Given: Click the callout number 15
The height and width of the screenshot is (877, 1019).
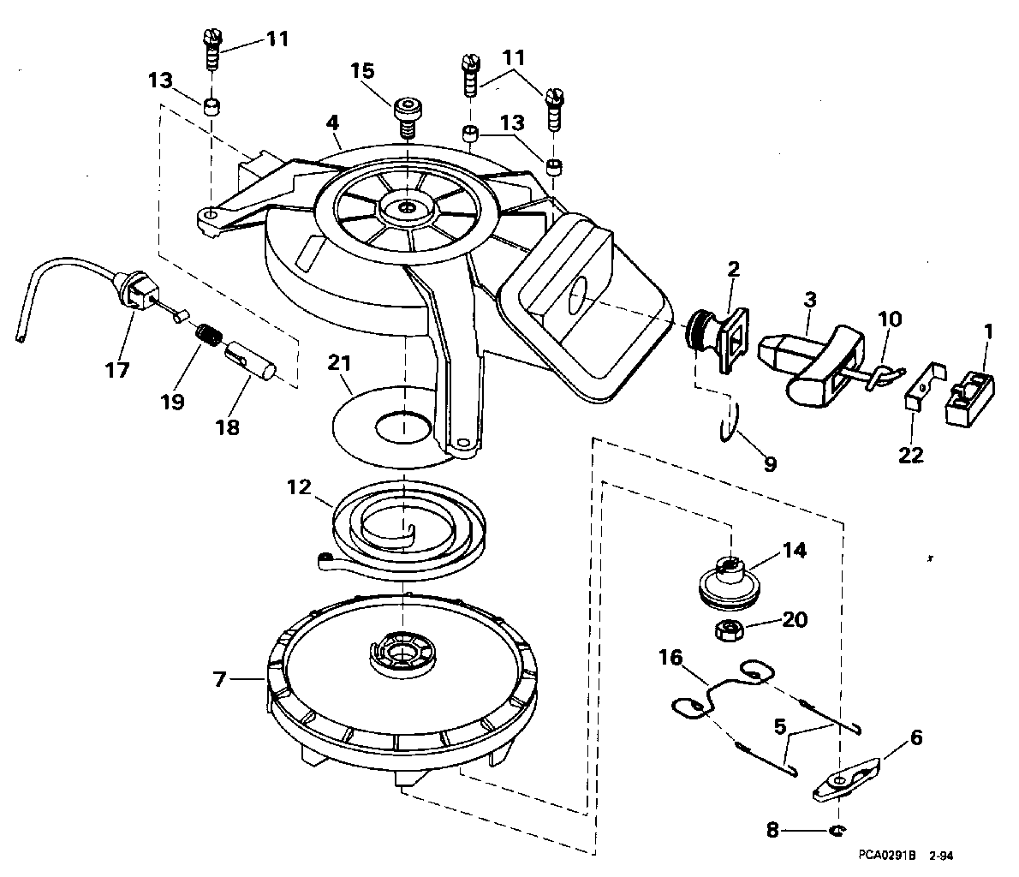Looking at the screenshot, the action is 362,70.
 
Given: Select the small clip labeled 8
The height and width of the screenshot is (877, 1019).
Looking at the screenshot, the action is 837,830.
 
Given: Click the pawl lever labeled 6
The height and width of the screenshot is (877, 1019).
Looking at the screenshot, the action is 847,779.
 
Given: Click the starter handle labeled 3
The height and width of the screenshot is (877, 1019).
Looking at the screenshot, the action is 811,358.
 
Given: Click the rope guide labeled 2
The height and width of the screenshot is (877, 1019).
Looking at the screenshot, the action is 718,340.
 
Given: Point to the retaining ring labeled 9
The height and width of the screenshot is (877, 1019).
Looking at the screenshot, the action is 730,422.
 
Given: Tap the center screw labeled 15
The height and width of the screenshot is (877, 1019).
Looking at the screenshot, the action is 407,117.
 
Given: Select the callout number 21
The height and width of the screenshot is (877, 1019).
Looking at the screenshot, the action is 338,363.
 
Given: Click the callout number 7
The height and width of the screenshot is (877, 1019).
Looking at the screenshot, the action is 220,679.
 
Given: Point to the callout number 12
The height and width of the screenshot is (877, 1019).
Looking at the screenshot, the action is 299,487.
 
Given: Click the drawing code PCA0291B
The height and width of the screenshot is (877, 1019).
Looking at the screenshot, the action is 887,856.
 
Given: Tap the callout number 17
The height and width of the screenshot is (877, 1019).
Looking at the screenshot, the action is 117,370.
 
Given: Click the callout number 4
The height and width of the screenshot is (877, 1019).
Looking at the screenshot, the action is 333,122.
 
